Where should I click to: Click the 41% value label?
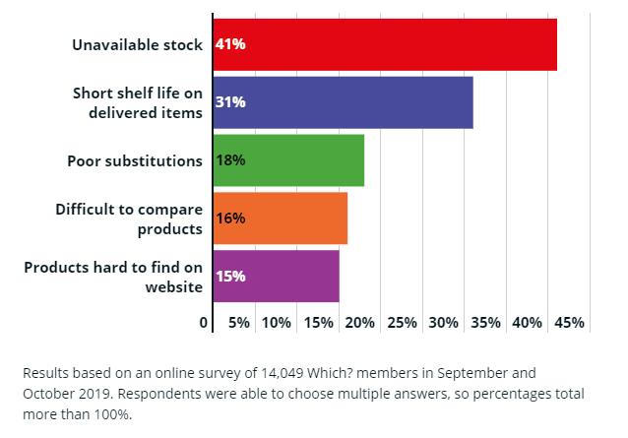[230, 44]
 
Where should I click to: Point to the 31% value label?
[230, 102]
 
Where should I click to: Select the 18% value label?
[230, 160]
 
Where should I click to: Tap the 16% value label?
[230, 218]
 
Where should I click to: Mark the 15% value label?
[230, 276]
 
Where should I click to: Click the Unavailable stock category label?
[138, 44]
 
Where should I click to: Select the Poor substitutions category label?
[135, 160]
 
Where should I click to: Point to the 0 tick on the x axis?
[204, 323]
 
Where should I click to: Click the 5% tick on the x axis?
[238, 323]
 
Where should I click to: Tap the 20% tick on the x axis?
[360, 323]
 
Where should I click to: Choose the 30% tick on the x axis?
[444, 323]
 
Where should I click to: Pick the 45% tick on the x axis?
[569, 323]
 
